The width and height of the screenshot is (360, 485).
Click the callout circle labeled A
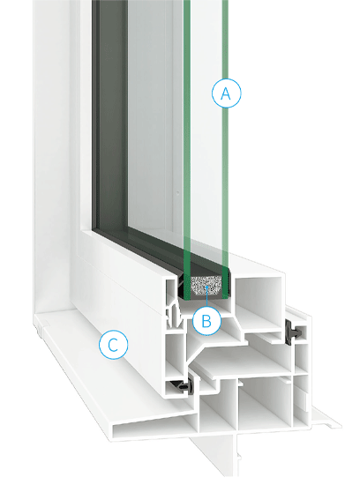[x=226, y=93]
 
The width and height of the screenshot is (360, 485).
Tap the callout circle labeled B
[x=206, y=321]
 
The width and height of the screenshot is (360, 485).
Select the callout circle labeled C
[x=113, y=345]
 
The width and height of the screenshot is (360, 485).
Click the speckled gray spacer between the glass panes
[x=206, y=286]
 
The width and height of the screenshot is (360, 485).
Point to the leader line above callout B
[x=206, y=297]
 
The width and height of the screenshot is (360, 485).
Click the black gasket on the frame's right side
[x=294, y=332]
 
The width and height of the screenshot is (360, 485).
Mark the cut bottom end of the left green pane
[x=187, y=297]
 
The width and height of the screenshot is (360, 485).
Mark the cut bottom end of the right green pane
[x=225, y=297]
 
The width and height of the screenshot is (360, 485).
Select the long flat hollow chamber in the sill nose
[x=154, y=426]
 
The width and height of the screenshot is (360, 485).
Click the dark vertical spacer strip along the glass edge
[x=111, y=115]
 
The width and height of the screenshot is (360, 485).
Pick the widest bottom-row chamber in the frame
[x=266, y=399]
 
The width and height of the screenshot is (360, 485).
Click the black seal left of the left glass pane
[x=181, y=286]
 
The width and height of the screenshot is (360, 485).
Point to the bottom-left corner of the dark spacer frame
[x=94, y=230]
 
